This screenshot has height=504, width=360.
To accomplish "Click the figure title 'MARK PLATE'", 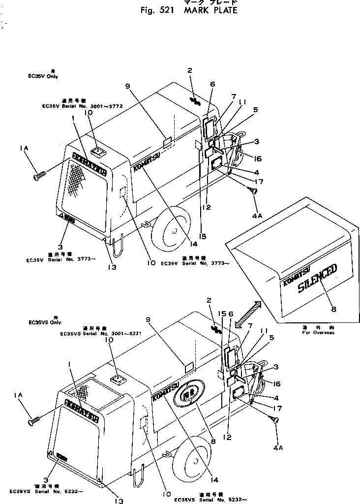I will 210,10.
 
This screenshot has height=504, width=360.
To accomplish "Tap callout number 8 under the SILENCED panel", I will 334,309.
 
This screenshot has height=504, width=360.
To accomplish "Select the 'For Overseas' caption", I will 318,333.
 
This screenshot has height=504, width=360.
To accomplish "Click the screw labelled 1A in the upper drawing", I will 40,173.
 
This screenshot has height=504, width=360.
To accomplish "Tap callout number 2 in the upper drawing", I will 189,70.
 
